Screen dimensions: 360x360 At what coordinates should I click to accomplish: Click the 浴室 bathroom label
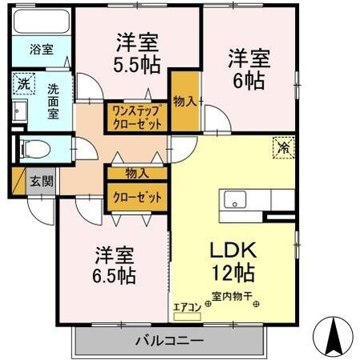[x=42, y=49]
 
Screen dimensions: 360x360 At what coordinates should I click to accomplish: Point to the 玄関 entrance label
[x=42, y=181]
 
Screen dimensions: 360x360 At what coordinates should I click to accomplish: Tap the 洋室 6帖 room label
[x=248, y=67]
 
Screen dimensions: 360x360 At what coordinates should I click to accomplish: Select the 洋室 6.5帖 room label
[x=112, y=265]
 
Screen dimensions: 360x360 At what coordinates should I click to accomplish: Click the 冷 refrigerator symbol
[x=283, y=148]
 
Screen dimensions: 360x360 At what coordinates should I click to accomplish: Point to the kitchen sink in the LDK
[x=237, y=200]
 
